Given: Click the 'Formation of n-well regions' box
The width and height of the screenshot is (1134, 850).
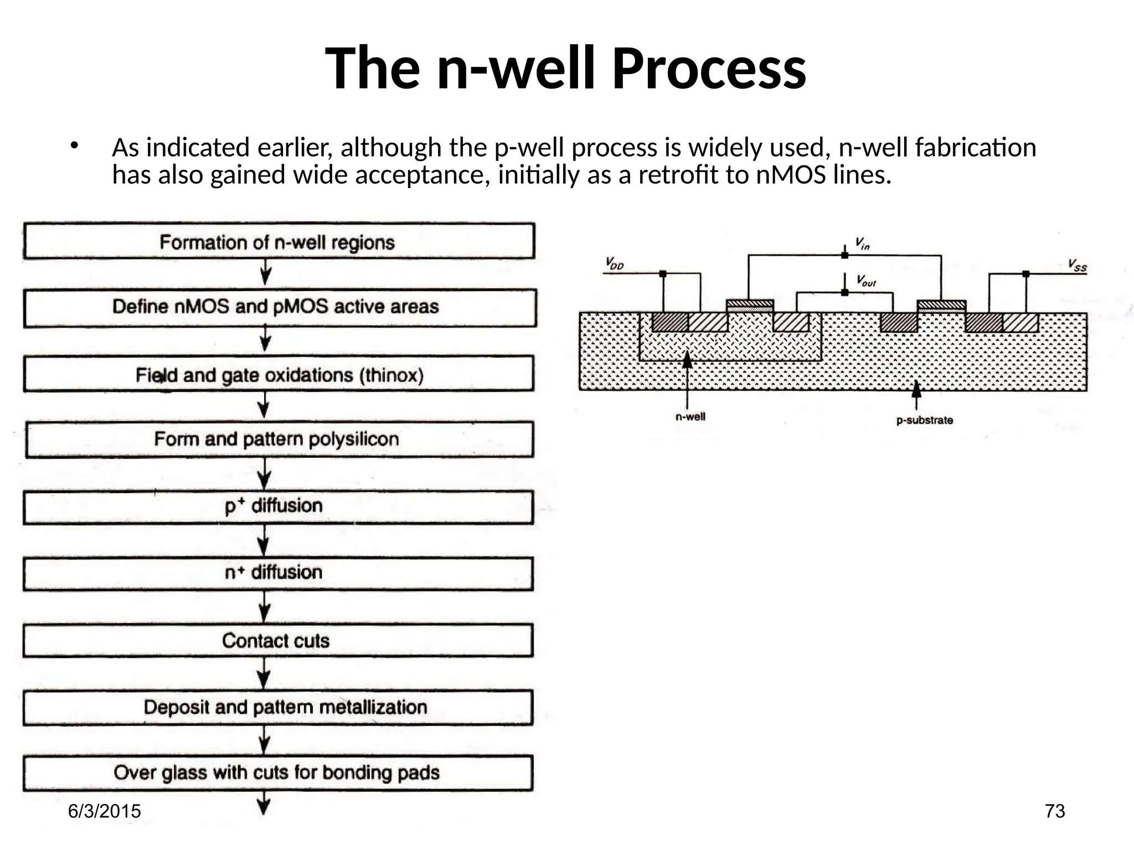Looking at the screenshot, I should tap(279, 241).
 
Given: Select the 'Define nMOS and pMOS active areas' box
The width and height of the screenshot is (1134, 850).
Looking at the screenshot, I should tap(279, 307).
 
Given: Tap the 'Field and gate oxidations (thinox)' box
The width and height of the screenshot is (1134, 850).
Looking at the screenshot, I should tap(279, 375).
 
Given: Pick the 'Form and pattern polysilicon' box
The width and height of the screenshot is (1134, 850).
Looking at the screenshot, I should tap(279, 439).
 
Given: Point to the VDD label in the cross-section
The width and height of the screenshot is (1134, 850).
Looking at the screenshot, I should tap(615, 264).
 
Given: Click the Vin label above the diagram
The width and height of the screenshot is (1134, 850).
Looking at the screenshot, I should tap(862, 243).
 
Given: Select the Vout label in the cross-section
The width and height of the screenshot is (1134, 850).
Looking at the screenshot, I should tap(866, 281).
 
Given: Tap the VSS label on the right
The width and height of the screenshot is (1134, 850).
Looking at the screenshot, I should tap(1077, 266).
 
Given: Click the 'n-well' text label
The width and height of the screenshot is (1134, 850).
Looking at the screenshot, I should tap(690, 417).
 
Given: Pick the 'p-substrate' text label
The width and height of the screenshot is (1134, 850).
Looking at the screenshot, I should tap(925, 421).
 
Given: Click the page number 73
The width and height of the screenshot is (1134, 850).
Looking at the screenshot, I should tap(1055, 811).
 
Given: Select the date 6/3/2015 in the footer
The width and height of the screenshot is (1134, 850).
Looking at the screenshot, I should tap(104, 811).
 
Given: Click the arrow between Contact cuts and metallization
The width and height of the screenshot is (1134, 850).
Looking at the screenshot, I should tap(265, 673).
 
